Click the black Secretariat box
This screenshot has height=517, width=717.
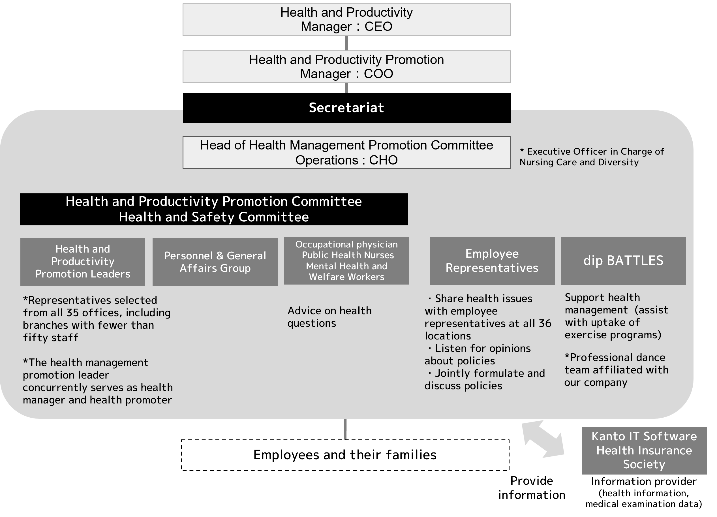click(346, 108)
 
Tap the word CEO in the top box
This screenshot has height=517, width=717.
click(378, 27)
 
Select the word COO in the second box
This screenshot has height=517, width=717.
click(378, 74)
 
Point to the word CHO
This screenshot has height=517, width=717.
click(383, 160)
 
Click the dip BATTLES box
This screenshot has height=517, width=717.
click(623, 261)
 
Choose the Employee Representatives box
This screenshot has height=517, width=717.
click(492, 261)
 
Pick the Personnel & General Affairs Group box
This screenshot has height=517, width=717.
click(215, 262)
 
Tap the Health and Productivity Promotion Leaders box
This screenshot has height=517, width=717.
click(83, 262)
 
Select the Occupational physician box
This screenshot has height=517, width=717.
click(346, 260)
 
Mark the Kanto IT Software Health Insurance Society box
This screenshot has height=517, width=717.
click(644, 450)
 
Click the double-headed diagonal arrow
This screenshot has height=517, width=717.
click(543, 439)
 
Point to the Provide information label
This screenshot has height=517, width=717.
click(532, 488)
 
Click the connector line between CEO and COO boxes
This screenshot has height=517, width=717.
click(346, 43)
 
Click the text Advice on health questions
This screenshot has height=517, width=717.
click(329, 317)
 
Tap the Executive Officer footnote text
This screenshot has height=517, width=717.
click(592, 157)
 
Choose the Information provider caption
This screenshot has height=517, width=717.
click(644, 482)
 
